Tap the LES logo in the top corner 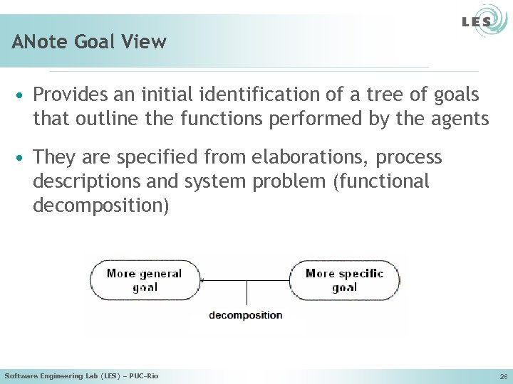(x=476, y=22)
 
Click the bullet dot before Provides (x=23, y=95)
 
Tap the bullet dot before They (x=23, y=157)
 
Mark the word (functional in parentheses (x=381, y=182)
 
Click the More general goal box (x=145, y=280)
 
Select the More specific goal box (x=344, y=280)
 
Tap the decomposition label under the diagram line (x=245, y=315)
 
